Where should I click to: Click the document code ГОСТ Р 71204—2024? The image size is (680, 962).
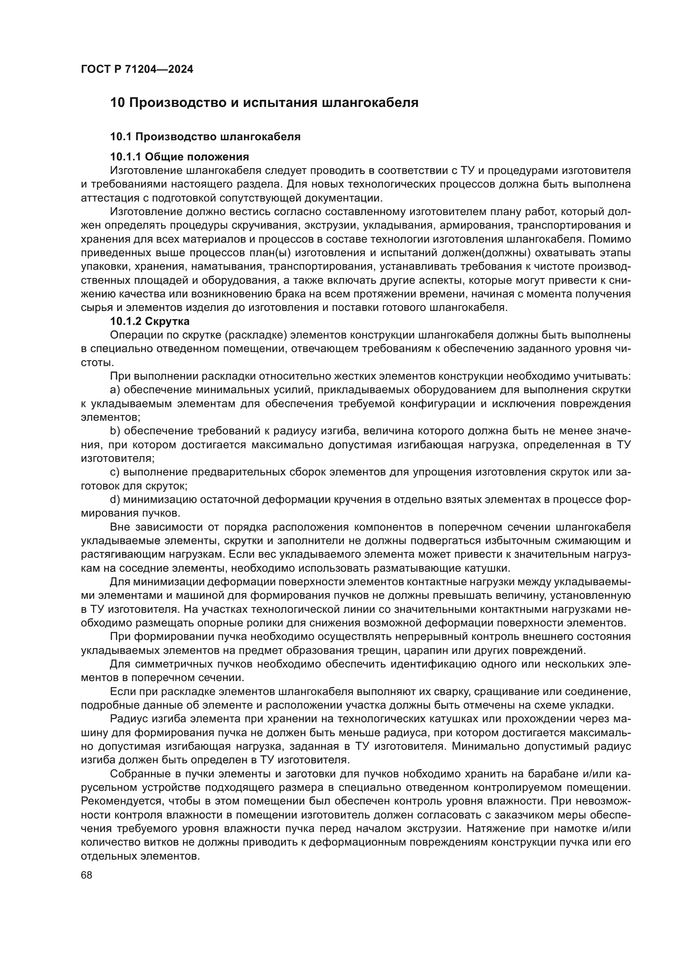coord(137,70)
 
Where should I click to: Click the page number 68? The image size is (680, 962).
coord(87,875)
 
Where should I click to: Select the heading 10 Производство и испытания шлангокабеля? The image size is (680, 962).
coord(264,103)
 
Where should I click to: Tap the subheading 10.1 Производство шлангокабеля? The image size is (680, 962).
coord(205,137)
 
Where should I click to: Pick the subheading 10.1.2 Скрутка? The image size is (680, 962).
coord(150,321)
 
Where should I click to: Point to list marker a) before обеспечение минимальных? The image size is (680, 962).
coord(115,390)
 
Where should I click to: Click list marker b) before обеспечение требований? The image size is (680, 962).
coord(115,431)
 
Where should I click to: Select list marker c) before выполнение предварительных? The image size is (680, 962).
coord(115,472)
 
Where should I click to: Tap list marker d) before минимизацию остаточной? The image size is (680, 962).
coord(115,500)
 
